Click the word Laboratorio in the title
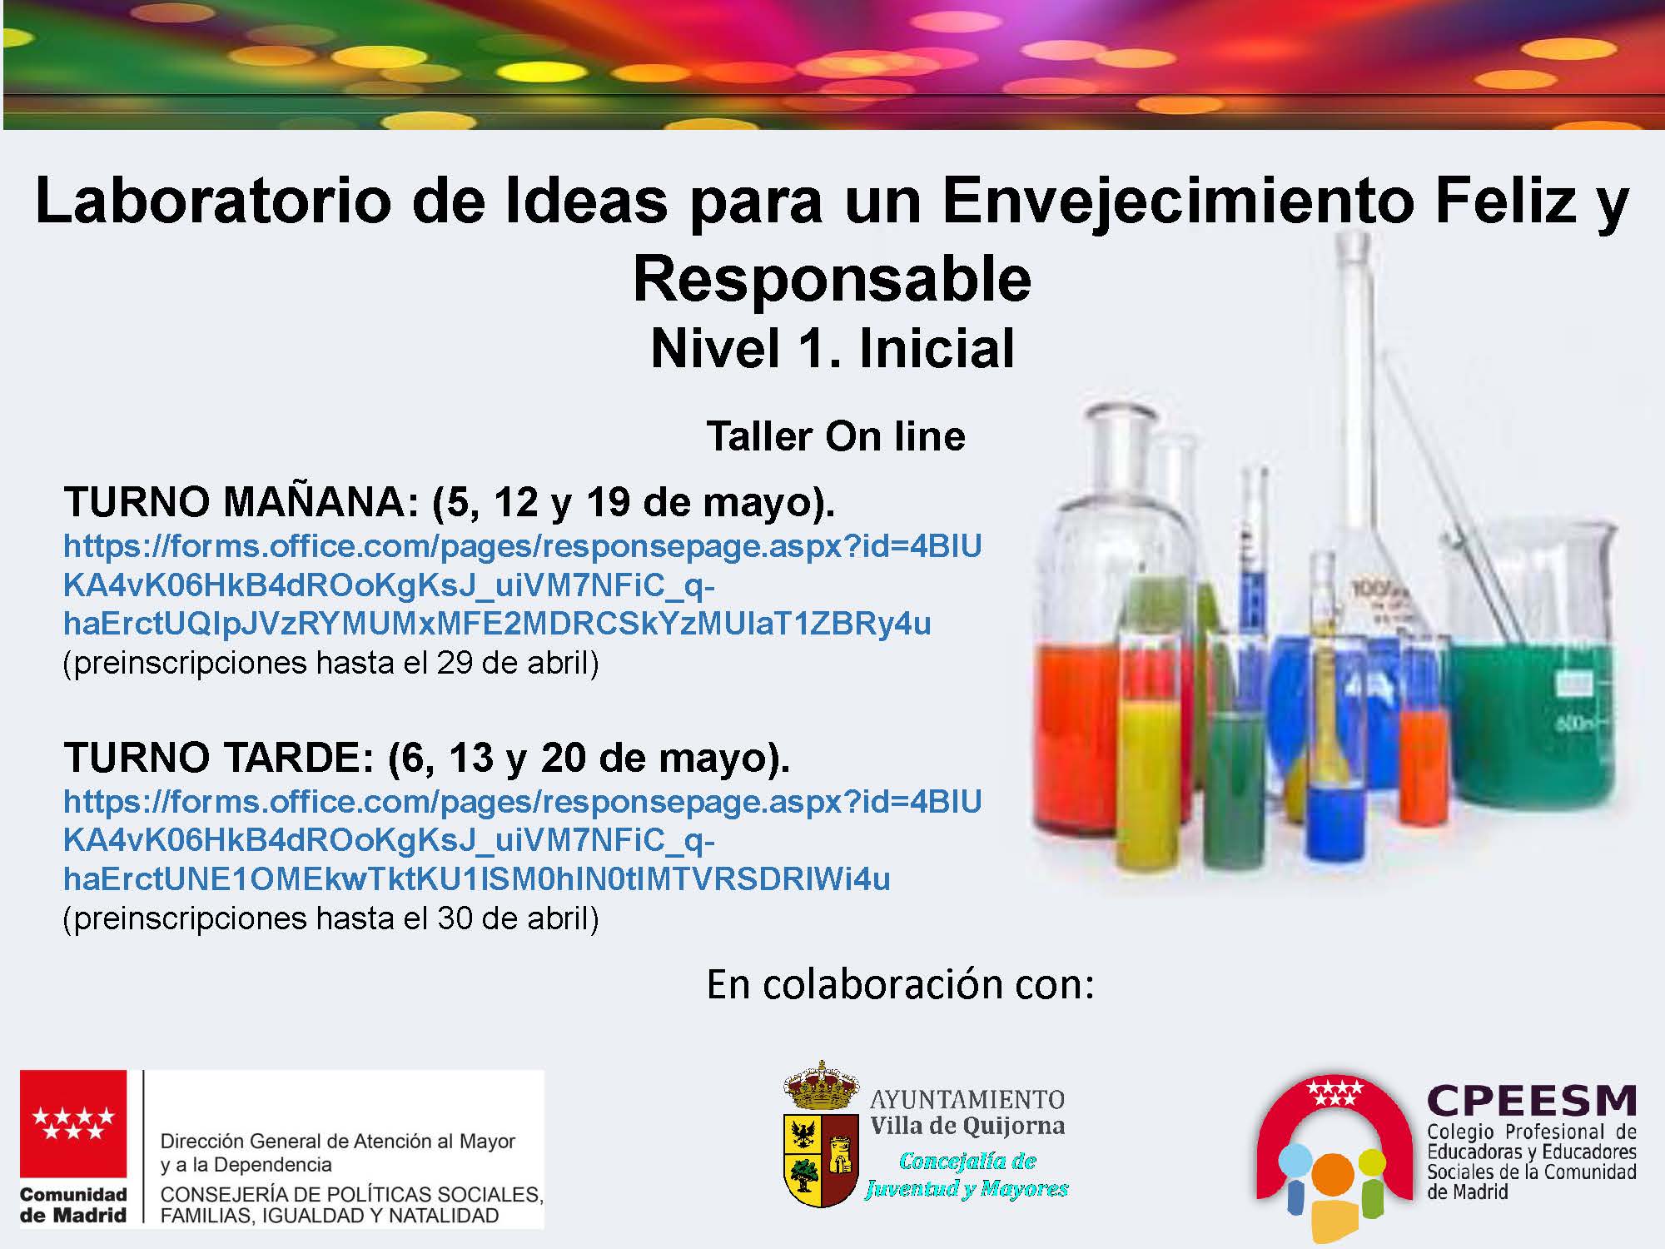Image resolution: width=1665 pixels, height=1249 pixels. (213, 200)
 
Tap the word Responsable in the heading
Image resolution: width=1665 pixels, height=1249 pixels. (832, 279)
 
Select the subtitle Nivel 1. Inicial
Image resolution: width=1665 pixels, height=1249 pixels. (832, 347)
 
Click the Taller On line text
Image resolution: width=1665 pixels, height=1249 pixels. (836, 435)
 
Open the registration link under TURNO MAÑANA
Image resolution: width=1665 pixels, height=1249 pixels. (523, 585)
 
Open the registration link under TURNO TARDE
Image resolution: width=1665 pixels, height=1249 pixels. (523, 840)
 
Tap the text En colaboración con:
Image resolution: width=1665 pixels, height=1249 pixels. (900, 984)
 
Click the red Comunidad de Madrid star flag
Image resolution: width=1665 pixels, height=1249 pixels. (73, 1123)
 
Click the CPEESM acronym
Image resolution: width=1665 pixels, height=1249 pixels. (1532, 1101)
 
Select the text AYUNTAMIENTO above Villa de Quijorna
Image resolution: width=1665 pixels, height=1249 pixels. (967, 1099)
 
